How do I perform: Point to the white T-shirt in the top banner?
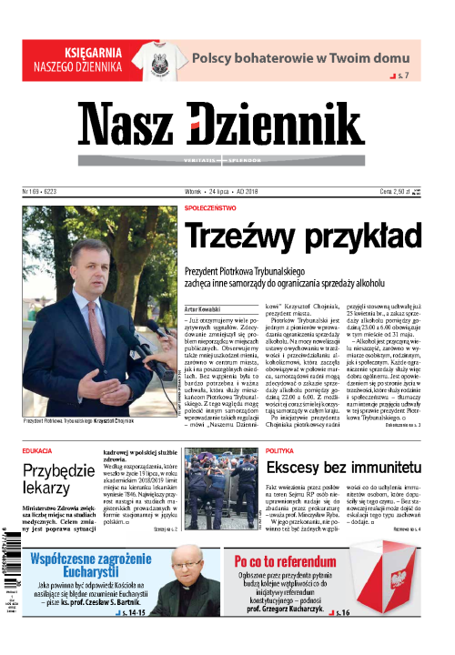[x=158, y=58]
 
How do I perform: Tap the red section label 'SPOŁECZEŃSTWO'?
[x=215, y=207]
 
